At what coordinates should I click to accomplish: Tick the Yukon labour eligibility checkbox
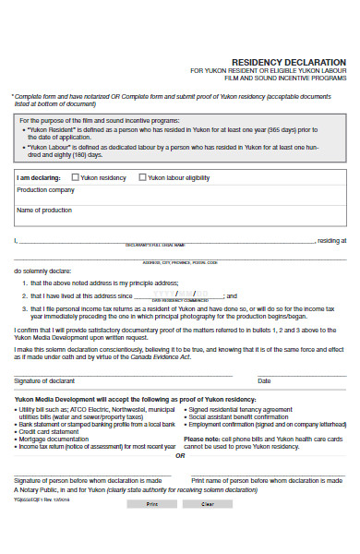tap(143, 176)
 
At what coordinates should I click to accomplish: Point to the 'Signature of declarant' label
tap(44, 380)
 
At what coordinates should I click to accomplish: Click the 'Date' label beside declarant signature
tap(264, 380)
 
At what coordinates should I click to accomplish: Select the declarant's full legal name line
tap(166, 240)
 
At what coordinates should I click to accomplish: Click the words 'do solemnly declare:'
tap(41, 271)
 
